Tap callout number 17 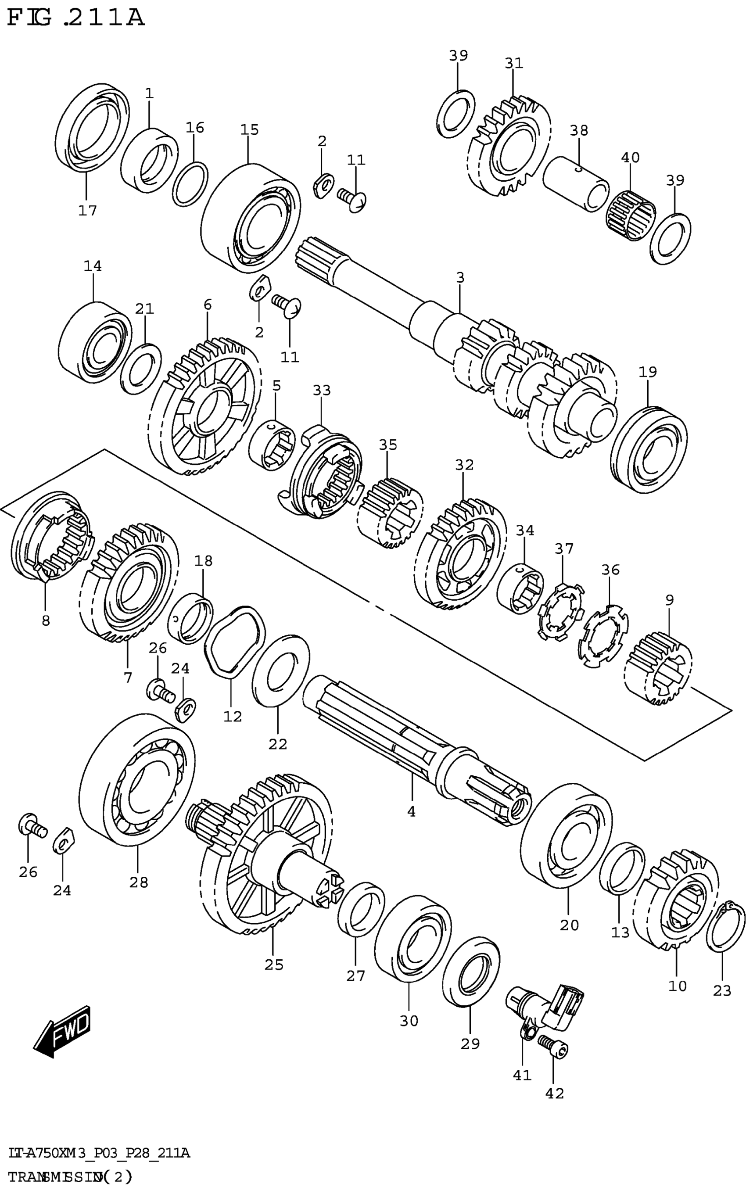87,211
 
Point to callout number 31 513,63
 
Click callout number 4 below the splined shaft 411,811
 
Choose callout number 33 322,391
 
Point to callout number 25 274,965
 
